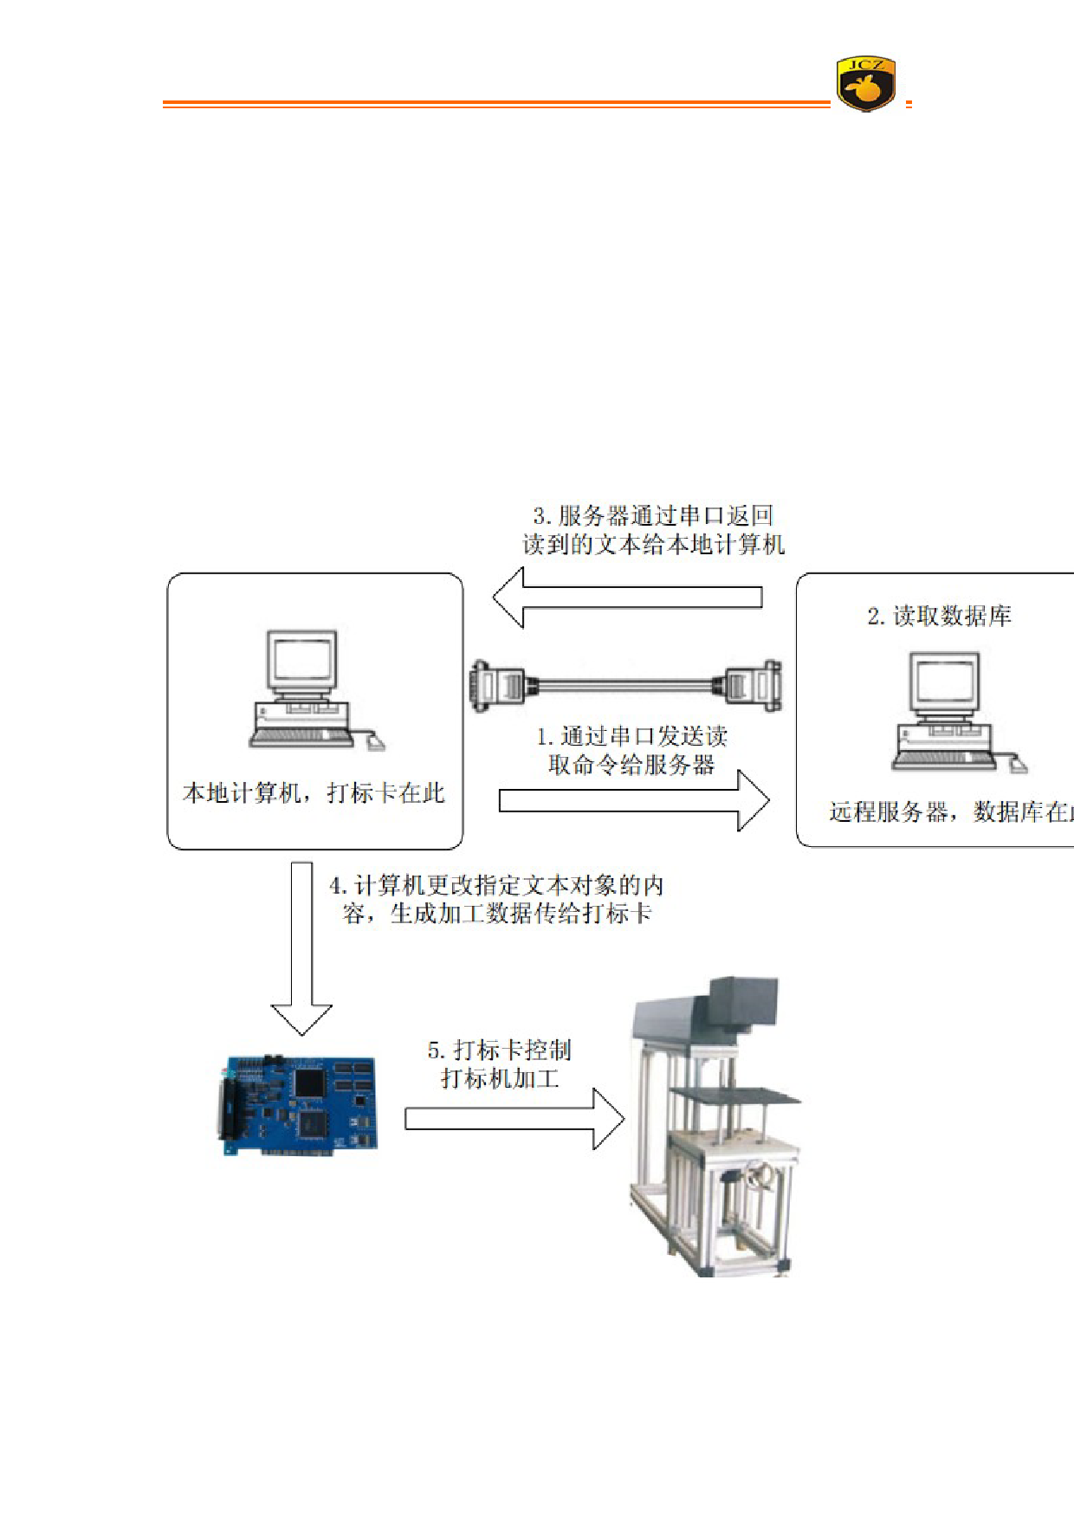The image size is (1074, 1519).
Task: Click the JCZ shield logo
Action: click(865, 84)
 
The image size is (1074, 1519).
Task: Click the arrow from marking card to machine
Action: click(514, 1119)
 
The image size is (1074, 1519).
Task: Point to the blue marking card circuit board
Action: click(299, 1105)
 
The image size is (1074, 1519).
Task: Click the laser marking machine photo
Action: click(715, 1126)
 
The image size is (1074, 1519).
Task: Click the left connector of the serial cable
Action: click(496, 686)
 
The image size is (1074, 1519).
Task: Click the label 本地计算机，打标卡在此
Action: click(314, 793)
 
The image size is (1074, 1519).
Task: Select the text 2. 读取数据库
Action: click(939, 616)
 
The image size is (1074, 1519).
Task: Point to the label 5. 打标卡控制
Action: click(500, 1050)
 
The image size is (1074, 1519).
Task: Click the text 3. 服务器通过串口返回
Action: click(653, 516)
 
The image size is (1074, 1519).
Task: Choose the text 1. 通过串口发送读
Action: click(632, 737)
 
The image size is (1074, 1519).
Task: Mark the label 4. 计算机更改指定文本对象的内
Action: click(496, 886)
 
